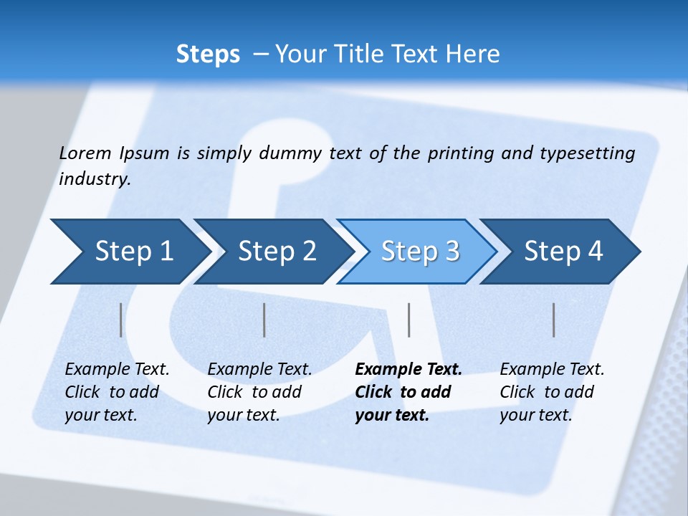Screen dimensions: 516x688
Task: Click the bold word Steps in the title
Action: click(208, 54)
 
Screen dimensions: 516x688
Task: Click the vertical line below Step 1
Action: click(121, 320)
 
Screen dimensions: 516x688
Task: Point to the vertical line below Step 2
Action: click(264, 320)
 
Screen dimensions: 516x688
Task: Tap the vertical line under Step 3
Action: click(408, 320)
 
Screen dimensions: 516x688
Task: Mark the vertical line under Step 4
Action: click(554, 320)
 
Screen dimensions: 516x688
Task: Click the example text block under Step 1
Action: click(117, 392)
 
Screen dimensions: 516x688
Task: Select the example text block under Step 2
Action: click(259, 392)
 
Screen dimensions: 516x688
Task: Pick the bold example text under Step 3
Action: click(408, 392)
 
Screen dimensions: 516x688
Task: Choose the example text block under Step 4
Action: click(552, 392)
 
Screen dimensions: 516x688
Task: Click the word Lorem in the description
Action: click(85, 153)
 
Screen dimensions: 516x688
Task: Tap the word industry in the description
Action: click(94, 179)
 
